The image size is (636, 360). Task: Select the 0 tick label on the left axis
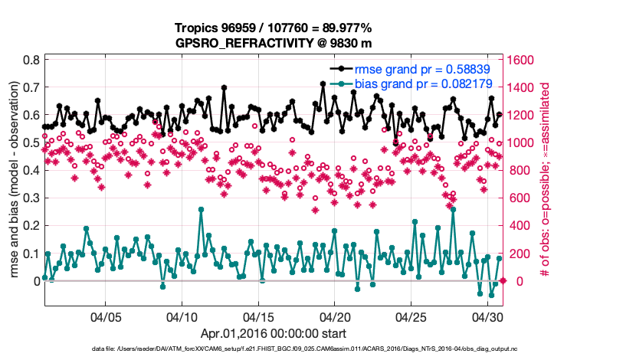[x=36, y=281]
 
